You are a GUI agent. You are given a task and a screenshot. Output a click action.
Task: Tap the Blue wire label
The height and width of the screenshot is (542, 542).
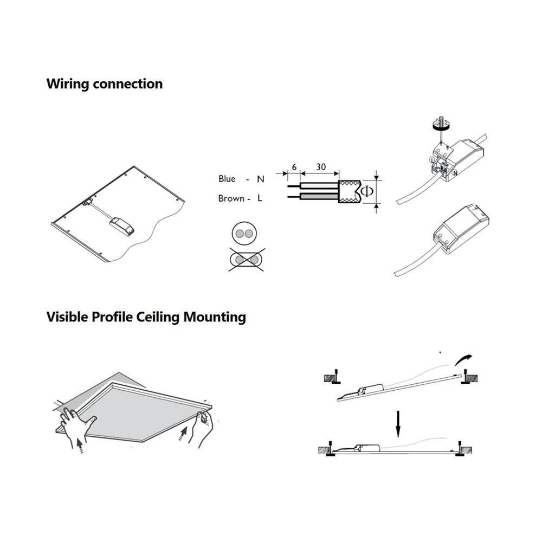(227, 179)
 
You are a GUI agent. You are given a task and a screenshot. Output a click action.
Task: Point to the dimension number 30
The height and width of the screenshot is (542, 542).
(321, 167)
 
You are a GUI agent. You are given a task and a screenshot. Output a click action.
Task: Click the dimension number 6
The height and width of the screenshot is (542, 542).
(294, 167)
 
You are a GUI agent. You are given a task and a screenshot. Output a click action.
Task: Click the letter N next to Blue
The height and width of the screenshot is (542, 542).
(260, 179)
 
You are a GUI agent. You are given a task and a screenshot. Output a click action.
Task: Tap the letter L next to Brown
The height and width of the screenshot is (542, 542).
(260, 198)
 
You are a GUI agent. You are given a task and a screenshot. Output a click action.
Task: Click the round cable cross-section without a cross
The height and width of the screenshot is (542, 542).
(243, 234)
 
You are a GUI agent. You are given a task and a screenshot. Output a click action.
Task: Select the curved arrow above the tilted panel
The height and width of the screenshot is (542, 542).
(464, 358)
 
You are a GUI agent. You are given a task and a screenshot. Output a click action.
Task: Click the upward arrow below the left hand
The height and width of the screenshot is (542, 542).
(80, 446)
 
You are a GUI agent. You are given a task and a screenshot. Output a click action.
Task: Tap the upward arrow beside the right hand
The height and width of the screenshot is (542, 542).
(183, 434)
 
